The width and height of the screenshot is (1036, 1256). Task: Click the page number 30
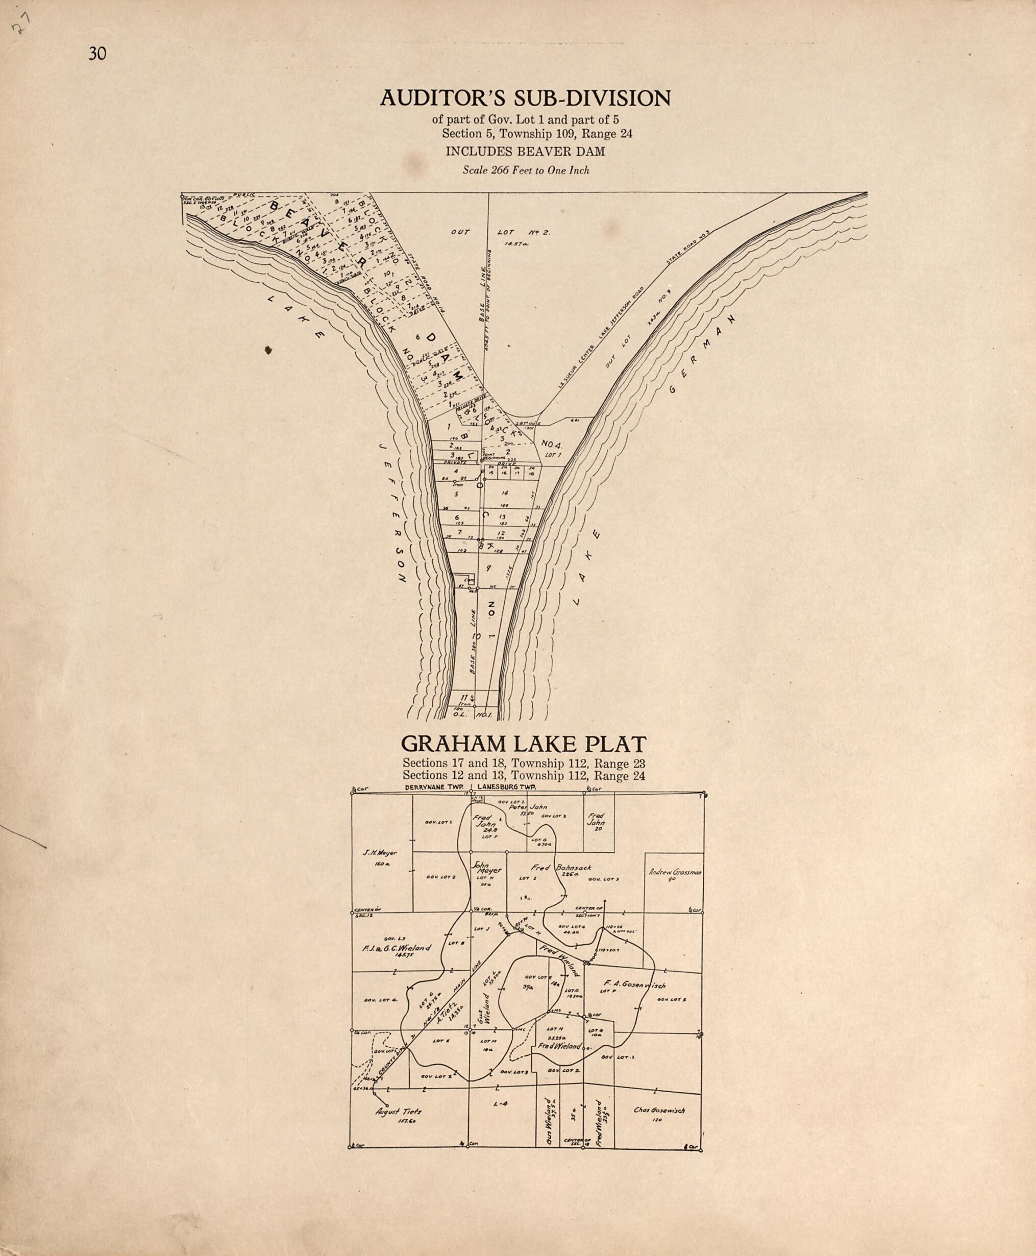click(97, 54)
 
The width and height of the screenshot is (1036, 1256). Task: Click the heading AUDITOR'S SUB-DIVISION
click(525, 98)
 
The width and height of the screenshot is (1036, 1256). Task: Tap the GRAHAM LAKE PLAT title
click(524, 744)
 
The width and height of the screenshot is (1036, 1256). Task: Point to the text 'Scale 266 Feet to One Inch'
click(526, 170)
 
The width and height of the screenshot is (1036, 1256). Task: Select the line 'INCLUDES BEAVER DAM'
click(525, 152)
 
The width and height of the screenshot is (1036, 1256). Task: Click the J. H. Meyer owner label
click(380, 853)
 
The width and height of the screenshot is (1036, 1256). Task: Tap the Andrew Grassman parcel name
click(674, 872)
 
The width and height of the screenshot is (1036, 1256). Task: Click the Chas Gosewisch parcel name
click(659, 1111)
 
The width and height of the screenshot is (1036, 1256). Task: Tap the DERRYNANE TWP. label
click(435, 787)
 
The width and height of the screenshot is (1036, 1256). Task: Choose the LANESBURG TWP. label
click(507, 787)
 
